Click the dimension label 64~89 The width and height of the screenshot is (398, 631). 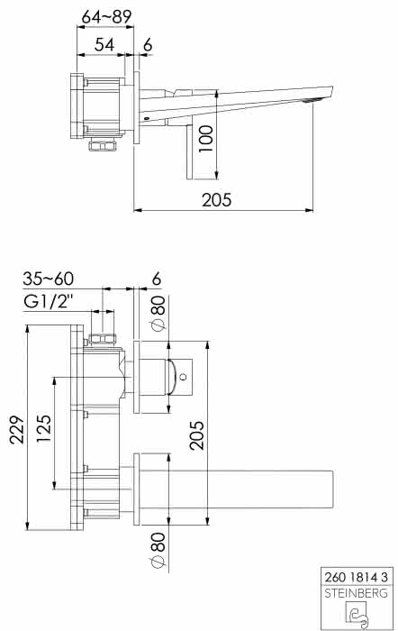(106, 16)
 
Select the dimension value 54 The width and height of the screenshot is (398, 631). (104, 45)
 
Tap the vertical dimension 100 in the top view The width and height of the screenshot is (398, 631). (206, 139)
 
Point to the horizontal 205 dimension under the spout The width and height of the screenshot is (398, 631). (217, 200)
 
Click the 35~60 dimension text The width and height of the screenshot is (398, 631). (49, 279)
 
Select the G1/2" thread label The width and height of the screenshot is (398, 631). (49, 301)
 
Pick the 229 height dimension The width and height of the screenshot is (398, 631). (17, 430)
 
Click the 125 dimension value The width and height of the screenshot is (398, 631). (44, 428)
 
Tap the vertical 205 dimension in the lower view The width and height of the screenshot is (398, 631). (196, 435)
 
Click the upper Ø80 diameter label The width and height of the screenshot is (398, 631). (158, 313)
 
